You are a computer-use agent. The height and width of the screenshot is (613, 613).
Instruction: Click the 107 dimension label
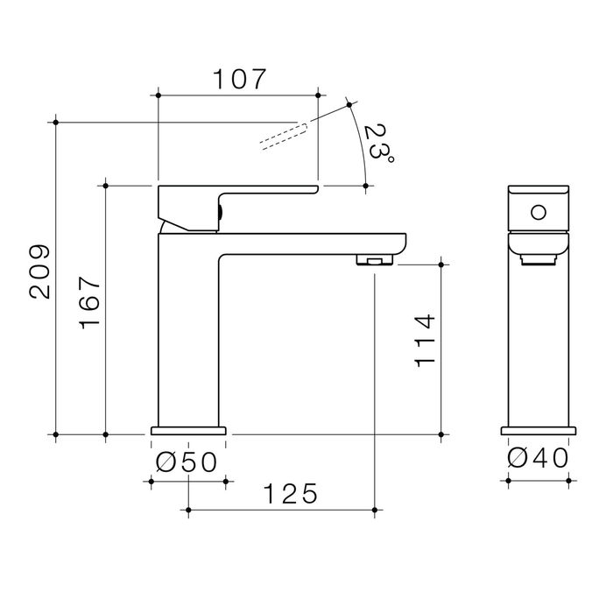[x=239, y=80]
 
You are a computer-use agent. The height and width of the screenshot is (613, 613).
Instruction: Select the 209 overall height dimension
[x=40, y=272]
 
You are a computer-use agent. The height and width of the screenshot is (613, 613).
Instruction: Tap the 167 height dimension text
[x=90, y=303]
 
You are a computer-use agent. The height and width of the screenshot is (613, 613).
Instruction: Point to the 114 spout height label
[x=425, y=341]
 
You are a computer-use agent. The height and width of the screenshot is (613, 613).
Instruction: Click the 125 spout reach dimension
[x=291, y=494]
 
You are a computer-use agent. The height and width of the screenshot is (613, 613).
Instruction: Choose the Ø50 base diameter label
[x=186, y=462]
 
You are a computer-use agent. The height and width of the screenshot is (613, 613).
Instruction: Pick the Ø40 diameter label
[x=538, y=458]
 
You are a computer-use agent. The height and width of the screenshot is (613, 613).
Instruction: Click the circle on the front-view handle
[x=539, y=213]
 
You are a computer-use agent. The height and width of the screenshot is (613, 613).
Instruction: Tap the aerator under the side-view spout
[x=375, y=260]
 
